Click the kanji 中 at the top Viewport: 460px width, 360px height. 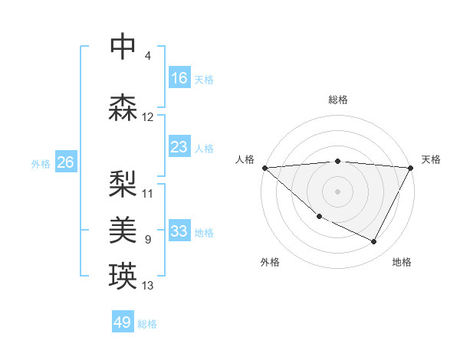click(123, 47)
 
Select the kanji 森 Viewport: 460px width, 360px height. click(123, 108)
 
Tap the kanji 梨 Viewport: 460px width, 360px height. click(123, 182)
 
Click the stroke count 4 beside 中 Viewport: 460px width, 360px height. click(147, 56)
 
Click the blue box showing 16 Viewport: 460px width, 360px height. click(179, 77)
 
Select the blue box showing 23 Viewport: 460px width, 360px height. click(179, 147)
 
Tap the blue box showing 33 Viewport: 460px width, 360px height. click(179, 231)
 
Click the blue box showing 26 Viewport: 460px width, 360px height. click(65, 162)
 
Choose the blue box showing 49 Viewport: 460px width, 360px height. click(123, 322)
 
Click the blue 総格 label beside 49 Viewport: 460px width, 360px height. click(147, 324)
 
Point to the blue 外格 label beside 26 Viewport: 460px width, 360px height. click(41, 163)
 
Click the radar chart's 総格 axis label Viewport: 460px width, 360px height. click(338, 100)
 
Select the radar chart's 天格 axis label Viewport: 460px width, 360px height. click(431, 159)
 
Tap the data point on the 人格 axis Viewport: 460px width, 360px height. click(264, 167)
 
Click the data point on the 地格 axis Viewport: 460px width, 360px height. click(374, 242)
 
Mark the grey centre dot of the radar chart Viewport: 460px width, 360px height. click(338, 191)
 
